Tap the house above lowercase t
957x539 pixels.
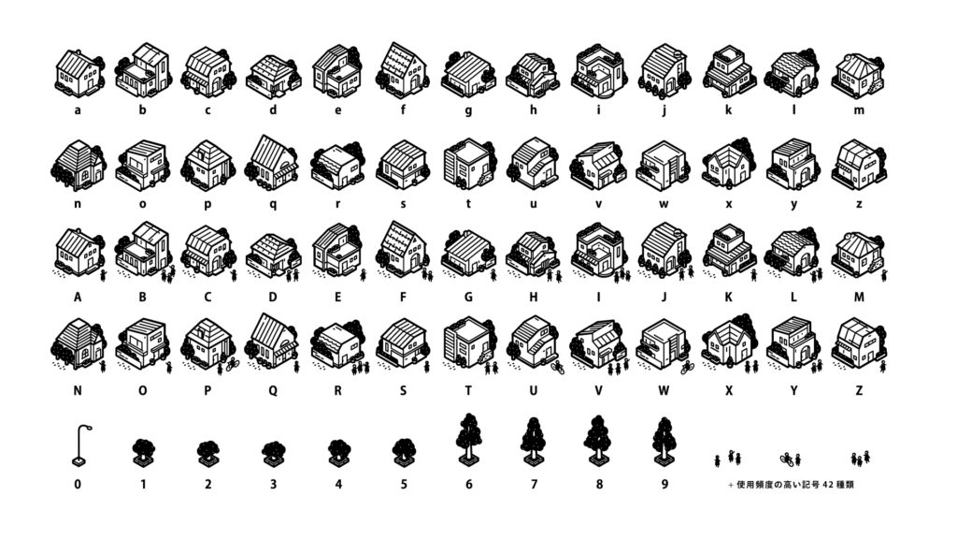[468, 164]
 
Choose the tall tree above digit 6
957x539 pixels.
[469, 441]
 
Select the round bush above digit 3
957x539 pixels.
[273, 454]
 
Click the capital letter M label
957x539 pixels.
[859, 297]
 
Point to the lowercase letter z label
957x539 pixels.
[859, 204]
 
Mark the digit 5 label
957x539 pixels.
[404, 484]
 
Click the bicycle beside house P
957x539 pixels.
[232, 366]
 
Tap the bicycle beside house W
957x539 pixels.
[688, 367]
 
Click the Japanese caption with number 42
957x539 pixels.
[791, 485]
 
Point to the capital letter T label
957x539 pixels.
[468, 390]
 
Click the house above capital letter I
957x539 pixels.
[598, 251]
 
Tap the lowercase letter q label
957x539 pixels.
[273, 205]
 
